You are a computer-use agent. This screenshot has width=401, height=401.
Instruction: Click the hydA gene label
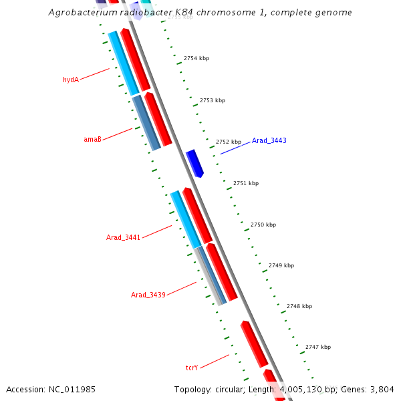(x=71, y=80)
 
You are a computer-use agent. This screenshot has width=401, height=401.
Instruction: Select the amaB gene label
(x=92, y=139)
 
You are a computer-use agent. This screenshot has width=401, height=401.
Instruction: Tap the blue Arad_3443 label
(x=269, y=140)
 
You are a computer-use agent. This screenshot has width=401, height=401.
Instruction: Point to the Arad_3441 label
(x=123, y=237)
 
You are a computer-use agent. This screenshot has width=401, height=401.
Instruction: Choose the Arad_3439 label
(x=148, y=295)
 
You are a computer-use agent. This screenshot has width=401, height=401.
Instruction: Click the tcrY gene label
(x=192, y=368)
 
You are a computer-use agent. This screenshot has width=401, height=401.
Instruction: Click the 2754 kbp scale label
(x=196, y=58)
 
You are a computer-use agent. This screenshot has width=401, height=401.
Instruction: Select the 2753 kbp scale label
(x=213, y=100)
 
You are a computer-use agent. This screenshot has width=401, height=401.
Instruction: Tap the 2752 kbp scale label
(x=228, y=142)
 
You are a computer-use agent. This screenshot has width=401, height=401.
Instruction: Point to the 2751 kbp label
(x=246, y=183)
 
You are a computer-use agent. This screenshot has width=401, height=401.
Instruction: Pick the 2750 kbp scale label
(x=263, y=225)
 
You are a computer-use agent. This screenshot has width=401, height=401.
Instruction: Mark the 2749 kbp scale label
(x=281, y=265)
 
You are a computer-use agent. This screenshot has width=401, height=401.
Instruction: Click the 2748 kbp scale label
(x=299, y=306)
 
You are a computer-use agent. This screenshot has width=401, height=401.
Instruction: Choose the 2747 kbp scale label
(x=318, y=347)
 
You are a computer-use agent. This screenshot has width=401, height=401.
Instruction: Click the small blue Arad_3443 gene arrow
(x=194, y=163)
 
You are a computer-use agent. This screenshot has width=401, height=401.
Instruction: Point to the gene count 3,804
(x=381, y=389)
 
